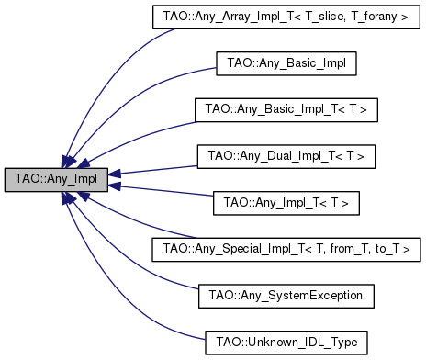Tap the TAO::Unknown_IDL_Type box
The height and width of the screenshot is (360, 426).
coord(286,342)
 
